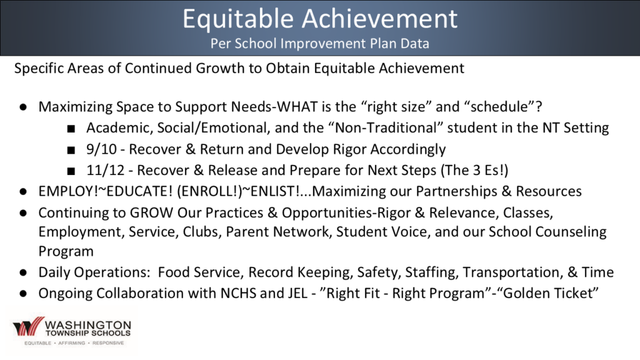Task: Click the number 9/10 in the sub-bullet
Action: point(102,149)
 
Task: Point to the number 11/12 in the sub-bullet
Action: point(106,170)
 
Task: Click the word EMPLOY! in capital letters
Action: point(69,191)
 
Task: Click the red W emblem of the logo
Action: point(28,326)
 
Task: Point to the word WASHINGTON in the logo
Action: point(87,325)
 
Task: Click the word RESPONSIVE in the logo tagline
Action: point(108,343)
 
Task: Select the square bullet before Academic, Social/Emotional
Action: point(71,129)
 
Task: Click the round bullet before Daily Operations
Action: point(23,272)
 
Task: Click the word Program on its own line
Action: point(66,251)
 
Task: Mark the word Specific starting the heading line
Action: point(38,68)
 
